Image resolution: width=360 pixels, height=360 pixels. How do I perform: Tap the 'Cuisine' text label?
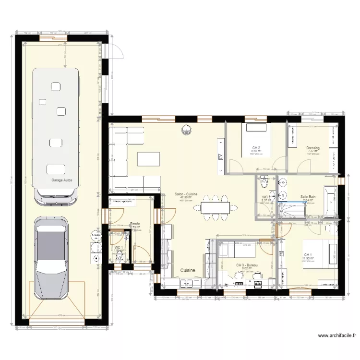[188, 271]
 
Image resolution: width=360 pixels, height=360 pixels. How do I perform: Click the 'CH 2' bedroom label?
[256, 147]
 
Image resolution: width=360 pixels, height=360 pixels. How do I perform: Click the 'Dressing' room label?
[313, 148]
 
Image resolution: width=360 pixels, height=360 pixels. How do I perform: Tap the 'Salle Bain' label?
[308, 197]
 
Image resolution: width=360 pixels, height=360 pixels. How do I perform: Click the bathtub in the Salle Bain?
[331, 202]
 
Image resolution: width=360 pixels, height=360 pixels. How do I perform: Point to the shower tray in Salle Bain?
[291, 210]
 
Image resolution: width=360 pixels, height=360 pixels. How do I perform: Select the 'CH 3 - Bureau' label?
[247, 265]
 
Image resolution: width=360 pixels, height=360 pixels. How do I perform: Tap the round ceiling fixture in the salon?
[186, 129]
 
